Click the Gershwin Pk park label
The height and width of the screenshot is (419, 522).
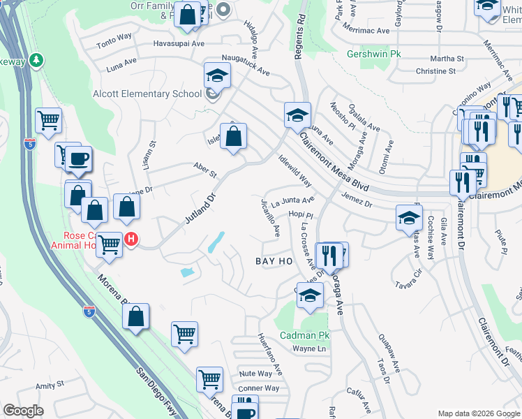375,53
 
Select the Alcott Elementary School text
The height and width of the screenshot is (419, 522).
147,94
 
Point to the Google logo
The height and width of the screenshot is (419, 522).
23,411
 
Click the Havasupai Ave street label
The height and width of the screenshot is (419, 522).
179,43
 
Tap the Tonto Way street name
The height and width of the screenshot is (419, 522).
114,43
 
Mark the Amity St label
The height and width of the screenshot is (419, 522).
50,385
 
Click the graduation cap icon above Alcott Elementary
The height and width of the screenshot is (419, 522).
217,75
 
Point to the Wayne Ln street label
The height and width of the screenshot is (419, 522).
309,348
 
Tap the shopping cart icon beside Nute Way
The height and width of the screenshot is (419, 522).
209,379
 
